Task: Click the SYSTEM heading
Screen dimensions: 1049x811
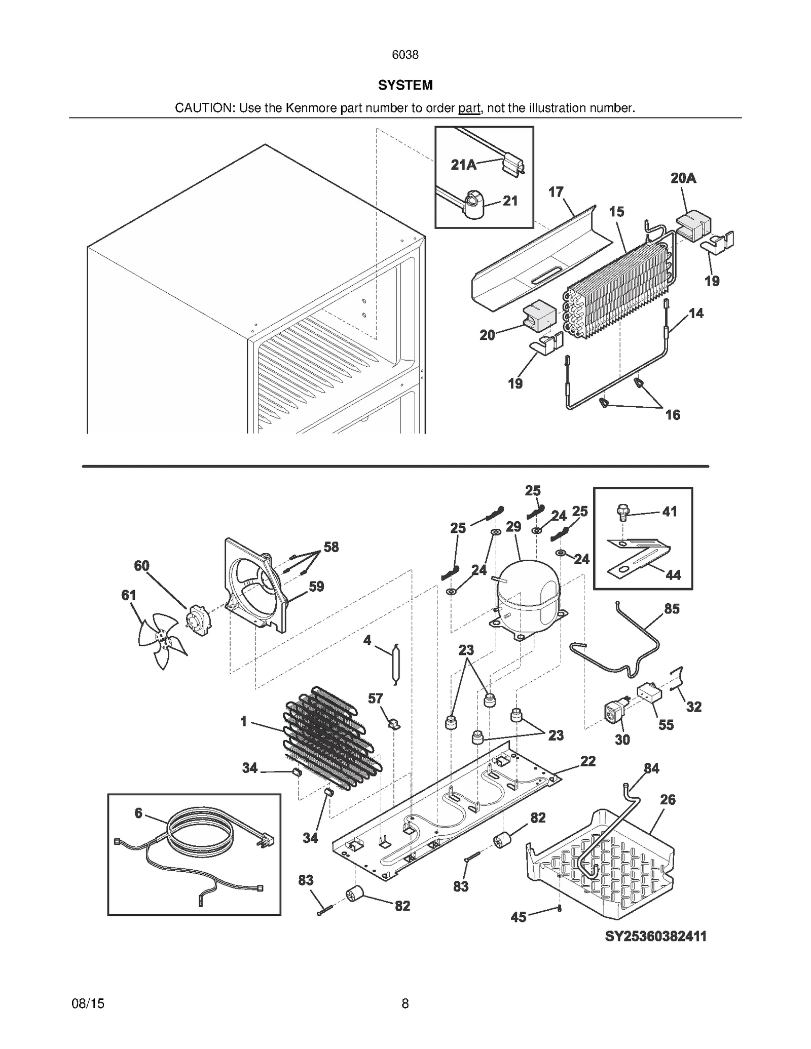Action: pos(405,85)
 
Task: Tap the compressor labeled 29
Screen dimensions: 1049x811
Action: pos(527,595)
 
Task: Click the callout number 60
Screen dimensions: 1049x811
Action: pos(141,566)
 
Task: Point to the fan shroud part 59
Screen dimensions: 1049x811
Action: pos(256,588)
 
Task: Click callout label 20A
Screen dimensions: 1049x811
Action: pos(683,178)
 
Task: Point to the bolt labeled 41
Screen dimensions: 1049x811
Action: pos(622,512)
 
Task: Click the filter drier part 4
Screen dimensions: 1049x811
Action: pos(396,664)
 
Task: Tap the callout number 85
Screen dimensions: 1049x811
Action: pos(672,609)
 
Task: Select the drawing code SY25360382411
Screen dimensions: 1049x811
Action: pos(655,936)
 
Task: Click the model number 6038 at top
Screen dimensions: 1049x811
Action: pos(405,55)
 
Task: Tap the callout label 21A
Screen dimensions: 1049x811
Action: pos(463,165)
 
